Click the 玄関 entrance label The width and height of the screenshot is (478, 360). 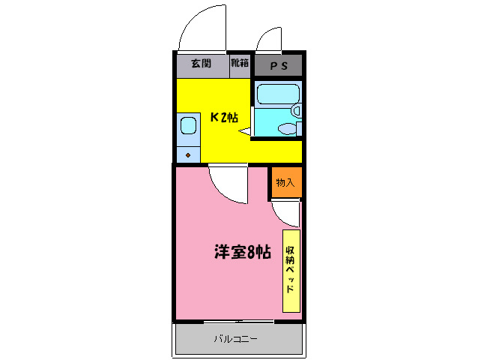pyautogui.click(x=200, y=64)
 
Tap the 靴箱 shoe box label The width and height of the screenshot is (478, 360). pyautogui.click(x=240, y=64)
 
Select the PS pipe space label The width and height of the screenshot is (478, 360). pyautogui.click(x=278, y=66)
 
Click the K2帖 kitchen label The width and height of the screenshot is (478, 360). pyautogui.click(x=223, y=117)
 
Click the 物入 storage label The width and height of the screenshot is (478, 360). pyautogui.click(x=285, y=182)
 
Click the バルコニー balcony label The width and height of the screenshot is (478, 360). pyautogui.click(x=235, y=339)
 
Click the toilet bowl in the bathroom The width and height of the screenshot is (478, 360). pyautogui.click(x=286, y=128)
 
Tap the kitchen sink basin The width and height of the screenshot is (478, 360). pyautogui.click(x=187, y=126)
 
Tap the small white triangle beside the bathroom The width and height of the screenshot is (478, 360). pyautogui.click(x=244, y=132)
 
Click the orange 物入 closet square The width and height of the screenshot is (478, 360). pyautogui.click(x=285, y=182)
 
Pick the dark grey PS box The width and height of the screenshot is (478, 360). pyautogui.click(x=278, y=66)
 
